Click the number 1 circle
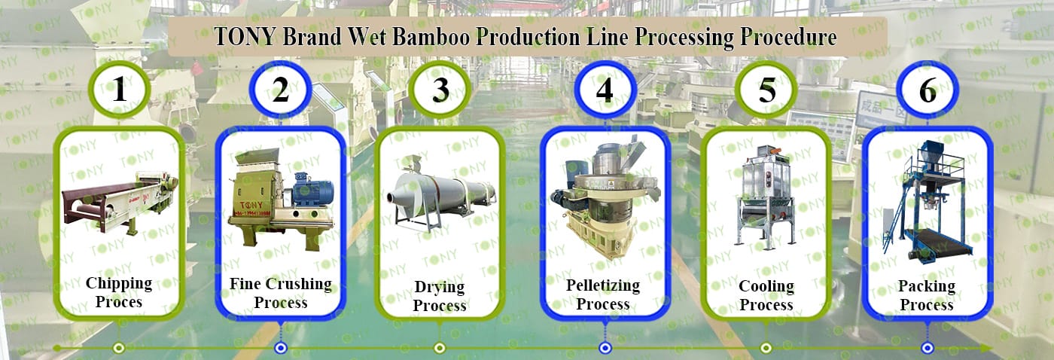(120, 90)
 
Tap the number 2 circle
(280, 90)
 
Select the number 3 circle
(440, 90)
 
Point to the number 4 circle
(605, 90)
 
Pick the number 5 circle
(766, 90)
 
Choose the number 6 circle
(928, 90)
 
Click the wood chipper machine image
(120, 197)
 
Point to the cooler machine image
(766, 194)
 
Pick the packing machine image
(928, 202)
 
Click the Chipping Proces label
(119, 292)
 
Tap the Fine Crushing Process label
(280, 293)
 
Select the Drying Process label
(440, 296)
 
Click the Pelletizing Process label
(603, 294)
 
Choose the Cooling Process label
(766, 296)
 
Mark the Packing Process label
(927, 296)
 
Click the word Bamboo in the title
(419, 38)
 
